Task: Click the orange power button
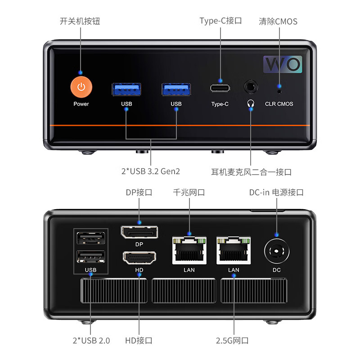[81, 87]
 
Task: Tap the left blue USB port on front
[126, 89]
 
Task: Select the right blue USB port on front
[176, 89]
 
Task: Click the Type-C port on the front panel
[220, 88]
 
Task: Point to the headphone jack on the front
[251, 87]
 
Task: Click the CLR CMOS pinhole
[279, 92]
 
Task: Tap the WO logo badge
[282, 64]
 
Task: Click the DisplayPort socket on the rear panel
[139, 233]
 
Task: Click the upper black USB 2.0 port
[90, 238]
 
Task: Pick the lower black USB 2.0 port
[90, 256]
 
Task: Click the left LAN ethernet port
[189, 251]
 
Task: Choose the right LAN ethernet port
[234, 251]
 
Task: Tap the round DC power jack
[276, 251]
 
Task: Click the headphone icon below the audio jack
[251, 103]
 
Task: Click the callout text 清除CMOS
[278, 21]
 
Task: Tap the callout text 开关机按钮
[81, 21]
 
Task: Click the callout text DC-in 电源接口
[276, 192]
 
